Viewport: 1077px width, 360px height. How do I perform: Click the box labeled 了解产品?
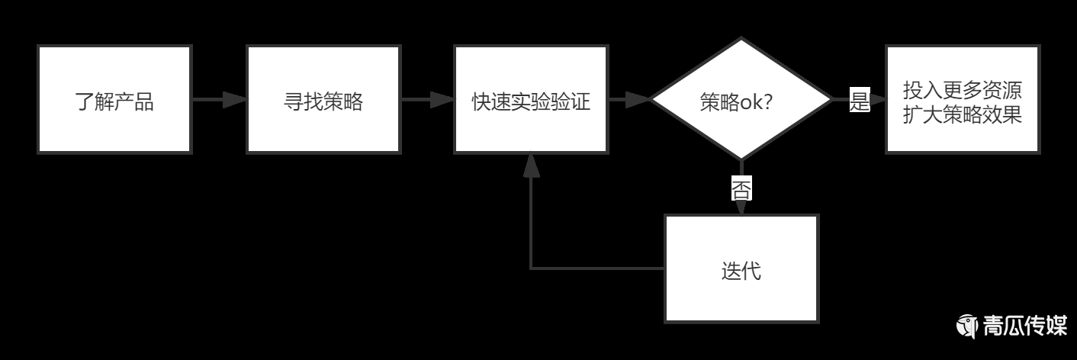click(114, 99)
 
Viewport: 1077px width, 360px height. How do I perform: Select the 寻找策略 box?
click(323, 99)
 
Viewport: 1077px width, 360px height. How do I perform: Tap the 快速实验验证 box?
click(531, 99)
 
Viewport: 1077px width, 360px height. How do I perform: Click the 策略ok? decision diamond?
click(740, 99)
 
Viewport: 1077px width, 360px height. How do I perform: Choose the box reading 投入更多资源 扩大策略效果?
click(962, 99)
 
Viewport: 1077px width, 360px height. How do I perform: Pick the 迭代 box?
click(741, 268)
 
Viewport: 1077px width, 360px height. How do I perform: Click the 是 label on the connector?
click(860, 100)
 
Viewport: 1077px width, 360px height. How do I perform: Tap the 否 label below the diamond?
click(741, 188)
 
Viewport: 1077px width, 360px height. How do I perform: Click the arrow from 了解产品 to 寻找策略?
click(219, 99)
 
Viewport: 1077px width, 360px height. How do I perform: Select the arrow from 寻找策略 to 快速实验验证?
click(427, 99)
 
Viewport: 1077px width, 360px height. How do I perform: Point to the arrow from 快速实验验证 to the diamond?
click(629, 99)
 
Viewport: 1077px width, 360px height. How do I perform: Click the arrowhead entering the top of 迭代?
click(741, 207)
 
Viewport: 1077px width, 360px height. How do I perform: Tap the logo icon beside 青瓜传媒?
click(968, 326)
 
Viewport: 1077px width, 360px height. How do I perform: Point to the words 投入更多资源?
click(962, 89)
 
